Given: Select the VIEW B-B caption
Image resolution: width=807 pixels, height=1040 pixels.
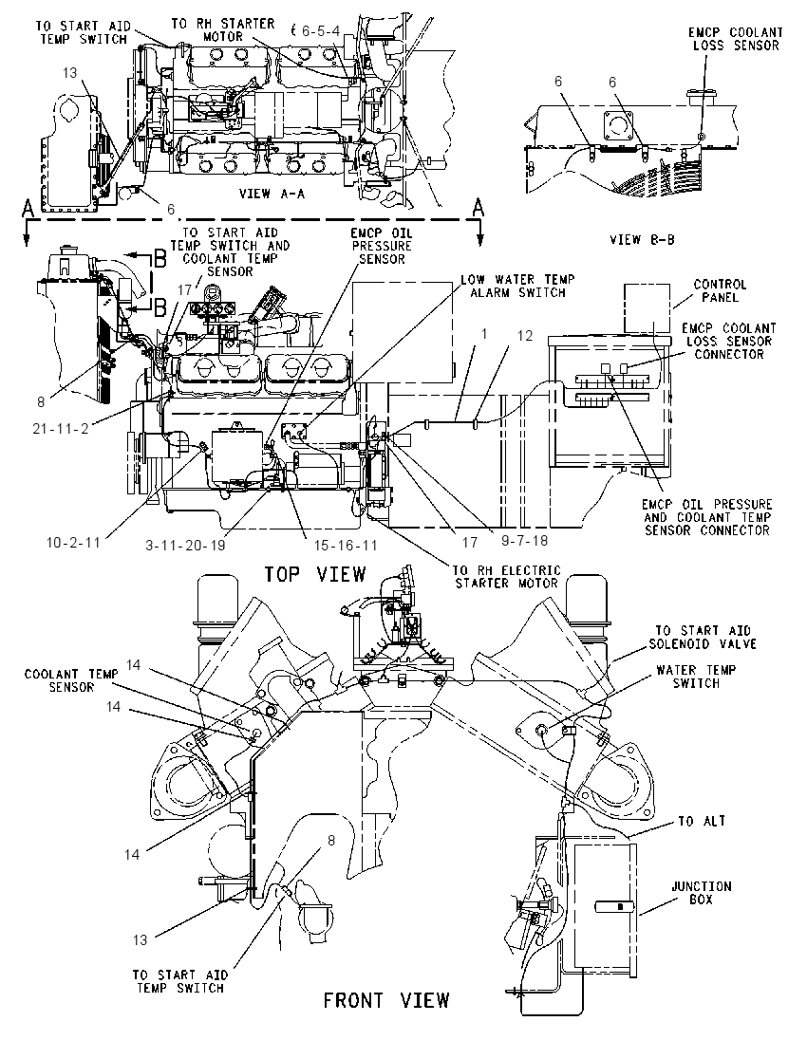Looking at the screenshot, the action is pos(642,239).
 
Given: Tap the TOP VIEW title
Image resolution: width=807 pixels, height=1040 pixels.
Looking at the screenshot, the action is pos(315,573).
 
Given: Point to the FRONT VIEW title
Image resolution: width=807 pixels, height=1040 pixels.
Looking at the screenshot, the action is pos(386,999).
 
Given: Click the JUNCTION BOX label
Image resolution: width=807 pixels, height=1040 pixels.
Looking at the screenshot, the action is pos(702,893).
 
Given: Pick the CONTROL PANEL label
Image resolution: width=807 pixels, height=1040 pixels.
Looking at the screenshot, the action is pos(720,290).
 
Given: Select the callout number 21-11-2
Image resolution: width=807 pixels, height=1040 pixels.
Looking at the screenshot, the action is pos(61,429).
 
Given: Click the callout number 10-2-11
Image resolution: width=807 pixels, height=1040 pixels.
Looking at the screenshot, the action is pos(73,542).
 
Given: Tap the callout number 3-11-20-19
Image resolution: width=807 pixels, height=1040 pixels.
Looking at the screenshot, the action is pos(185,545).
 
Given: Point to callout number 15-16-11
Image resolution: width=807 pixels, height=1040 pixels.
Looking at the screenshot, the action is pos(346,545).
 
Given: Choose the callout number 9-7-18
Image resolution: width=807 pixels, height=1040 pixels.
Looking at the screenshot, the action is pos(524,541).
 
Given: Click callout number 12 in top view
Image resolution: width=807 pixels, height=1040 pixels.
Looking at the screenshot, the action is pos(525,336).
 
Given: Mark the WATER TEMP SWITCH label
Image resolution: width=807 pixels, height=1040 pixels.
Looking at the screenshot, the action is pos(696,677).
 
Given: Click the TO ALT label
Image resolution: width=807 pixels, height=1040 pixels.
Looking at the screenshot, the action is pos(702,821).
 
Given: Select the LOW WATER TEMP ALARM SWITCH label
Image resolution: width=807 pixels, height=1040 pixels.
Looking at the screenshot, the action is pos(517,286).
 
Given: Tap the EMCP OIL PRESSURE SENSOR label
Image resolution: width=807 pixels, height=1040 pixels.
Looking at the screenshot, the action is pos(382,246).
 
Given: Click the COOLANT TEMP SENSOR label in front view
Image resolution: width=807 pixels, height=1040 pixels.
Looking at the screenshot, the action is pos(71,680).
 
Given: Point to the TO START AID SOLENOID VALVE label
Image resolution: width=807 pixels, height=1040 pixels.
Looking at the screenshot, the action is pos(703,638).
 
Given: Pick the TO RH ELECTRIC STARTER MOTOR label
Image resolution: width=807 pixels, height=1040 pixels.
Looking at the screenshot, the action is pos(507,576).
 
